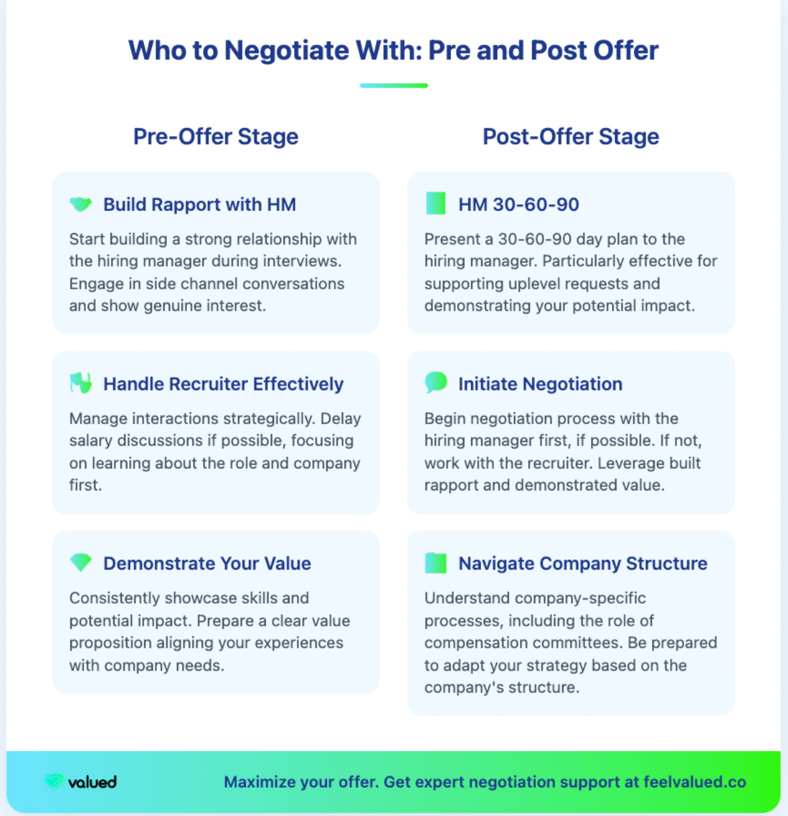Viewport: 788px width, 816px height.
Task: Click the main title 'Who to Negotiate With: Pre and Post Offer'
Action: (393, 51)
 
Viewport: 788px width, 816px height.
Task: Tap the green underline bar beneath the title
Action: (393, 86)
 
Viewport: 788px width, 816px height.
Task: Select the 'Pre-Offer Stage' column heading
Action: (216, 137)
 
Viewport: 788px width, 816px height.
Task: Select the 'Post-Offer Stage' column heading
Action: (571, 137)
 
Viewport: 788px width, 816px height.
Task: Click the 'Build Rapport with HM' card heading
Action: (199, 204)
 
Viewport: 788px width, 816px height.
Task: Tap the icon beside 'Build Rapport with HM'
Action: (80, 204)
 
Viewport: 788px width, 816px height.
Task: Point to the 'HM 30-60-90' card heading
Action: (519, 204)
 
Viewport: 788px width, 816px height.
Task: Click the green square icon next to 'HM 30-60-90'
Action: (436, 204)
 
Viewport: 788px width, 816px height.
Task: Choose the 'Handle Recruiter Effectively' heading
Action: (223, 384)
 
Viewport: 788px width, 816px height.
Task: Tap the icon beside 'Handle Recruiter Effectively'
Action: (80, 383)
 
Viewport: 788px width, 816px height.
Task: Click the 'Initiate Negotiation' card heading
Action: (540, 384)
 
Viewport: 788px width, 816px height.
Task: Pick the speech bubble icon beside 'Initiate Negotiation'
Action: (436, 383)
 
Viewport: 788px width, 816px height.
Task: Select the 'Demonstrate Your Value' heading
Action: (207, 563)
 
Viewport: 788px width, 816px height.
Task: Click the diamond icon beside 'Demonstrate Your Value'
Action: (80, 563)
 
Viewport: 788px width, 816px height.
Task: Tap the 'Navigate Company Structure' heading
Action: (582, 563)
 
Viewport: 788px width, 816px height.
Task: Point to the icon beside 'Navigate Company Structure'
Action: (436, 563)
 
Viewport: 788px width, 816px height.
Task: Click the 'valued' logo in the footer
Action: (81, 782)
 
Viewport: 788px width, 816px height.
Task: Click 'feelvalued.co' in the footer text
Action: (694, 782)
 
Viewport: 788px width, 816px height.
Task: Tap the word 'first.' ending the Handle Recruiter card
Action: (85, 485)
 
